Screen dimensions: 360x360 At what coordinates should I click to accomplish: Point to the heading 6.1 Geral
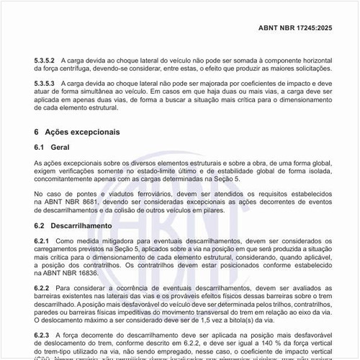(x=54, y=147)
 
